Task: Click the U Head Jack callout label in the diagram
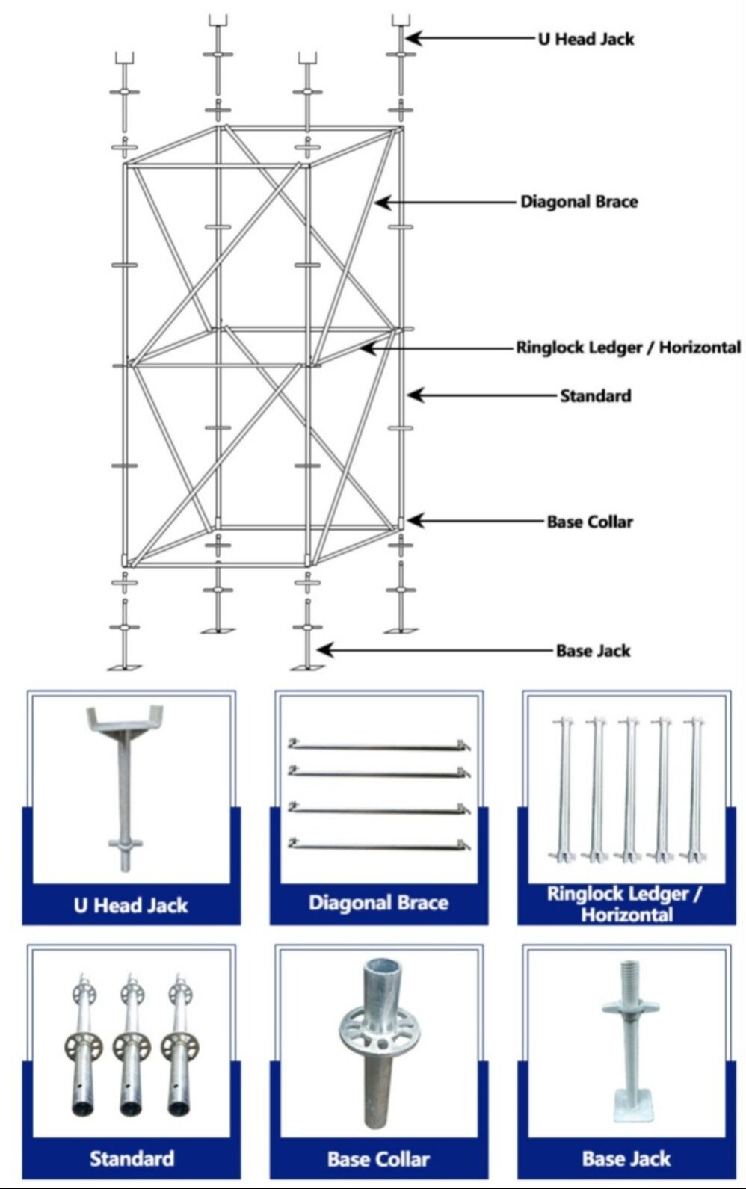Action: click(585, 39)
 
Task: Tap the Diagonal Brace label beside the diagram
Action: click(579, 202)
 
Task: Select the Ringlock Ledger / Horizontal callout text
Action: click(628, 348)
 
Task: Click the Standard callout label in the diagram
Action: click(595, 395)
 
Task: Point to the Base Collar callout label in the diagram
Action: click(589, 522)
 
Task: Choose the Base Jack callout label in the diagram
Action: click(593, 651)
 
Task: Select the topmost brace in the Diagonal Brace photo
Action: click(379, 746)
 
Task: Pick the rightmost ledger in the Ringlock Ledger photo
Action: click(694, 788)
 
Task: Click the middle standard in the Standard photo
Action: click(132, 1046)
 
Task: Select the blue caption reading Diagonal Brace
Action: click(378, 903)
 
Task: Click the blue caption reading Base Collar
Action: click(378, 1159)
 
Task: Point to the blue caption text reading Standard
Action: click(132, 1159)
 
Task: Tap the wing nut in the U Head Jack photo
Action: click(124, 844)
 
